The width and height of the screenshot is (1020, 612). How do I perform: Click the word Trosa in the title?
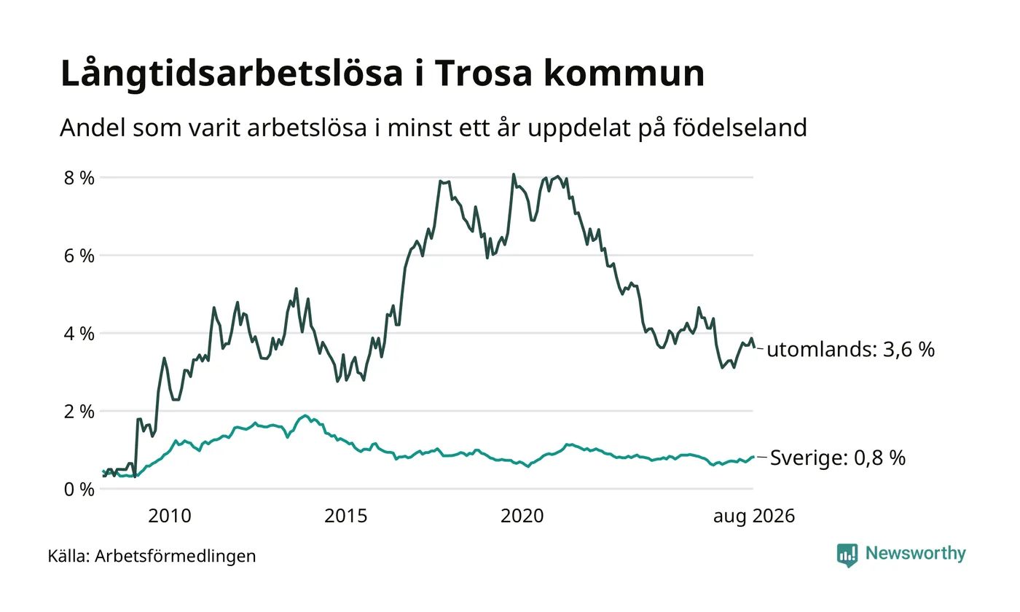484,73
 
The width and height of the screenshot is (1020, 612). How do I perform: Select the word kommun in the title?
624,73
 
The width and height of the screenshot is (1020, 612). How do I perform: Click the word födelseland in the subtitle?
740,127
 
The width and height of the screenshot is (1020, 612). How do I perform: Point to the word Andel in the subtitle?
93,127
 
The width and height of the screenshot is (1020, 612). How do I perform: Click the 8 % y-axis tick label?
79,178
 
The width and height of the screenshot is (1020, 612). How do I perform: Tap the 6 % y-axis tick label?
79,256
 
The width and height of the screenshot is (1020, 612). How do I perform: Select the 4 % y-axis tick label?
79,334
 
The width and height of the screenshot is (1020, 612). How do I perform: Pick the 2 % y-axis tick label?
79,412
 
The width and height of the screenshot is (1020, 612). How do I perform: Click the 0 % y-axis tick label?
79,490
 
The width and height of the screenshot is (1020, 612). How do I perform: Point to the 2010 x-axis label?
169,516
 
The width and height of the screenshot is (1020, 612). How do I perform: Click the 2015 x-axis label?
345,516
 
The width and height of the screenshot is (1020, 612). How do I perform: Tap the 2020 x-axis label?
522,516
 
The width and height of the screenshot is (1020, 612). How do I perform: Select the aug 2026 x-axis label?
753,517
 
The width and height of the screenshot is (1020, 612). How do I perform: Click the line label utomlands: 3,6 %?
851,350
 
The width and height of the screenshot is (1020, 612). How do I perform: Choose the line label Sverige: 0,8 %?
838,458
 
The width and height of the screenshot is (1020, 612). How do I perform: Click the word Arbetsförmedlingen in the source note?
176,557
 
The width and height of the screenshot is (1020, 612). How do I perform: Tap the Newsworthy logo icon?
847,555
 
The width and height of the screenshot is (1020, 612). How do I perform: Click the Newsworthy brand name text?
915,554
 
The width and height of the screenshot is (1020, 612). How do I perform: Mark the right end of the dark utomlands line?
755,348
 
